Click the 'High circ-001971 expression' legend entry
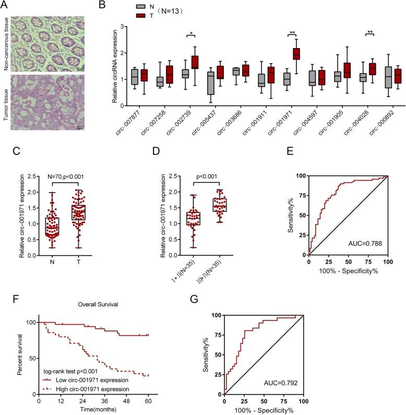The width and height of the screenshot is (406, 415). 78,389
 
